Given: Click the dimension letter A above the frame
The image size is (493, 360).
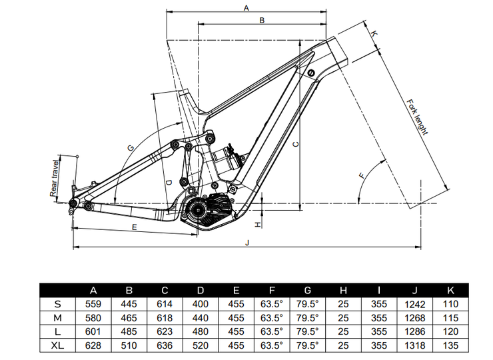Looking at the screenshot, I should click(246, 7).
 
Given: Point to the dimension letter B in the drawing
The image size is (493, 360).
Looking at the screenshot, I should click(262, 21).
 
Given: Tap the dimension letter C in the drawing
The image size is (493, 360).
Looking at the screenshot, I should click(296, 142).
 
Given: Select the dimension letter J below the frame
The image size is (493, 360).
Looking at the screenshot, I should click(247, 242).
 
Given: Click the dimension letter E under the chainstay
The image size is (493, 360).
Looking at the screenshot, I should click(134, 227).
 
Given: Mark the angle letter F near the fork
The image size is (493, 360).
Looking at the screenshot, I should click(362, 176).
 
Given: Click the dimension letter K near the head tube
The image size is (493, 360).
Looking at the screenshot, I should click(374, 33).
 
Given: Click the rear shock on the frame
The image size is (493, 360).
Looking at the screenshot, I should click(223, 155).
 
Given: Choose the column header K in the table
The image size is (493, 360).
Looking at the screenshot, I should click(451, 290).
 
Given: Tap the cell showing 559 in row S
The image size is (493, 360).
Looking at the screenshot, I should click(94, 304).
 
